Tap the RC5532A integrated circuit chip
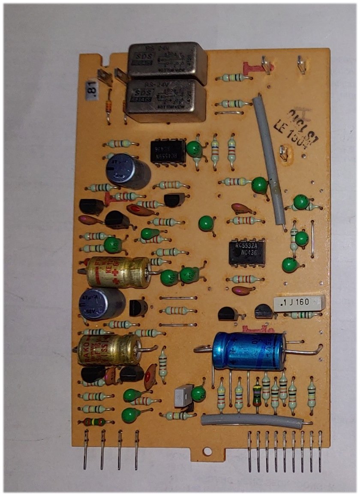pyautogui.click(x=246, y=252)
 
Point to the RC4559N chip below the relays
pyautogui.click(x=168, y=151)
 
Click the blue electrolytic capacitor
pyautogui.click(x=249, y=351)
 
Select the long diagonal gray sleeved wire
pyautogui.click(x=269, y=161)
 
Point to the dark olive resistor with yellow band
pyautogui.click(x=257, y=395)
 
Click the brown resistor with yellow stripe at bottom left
pyautogui.click(x=94, y=422)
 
